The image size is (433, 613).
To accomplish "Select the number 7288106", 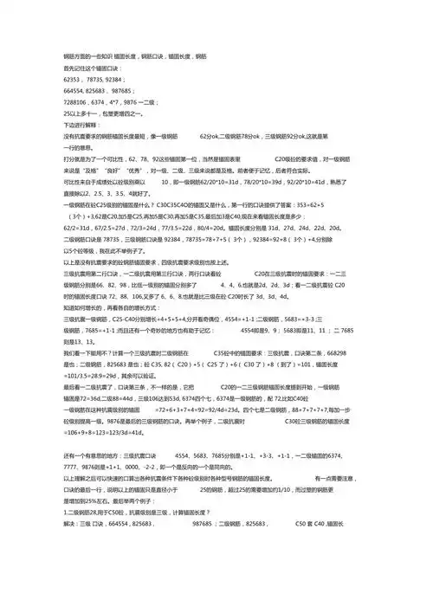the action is (80, 102).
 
